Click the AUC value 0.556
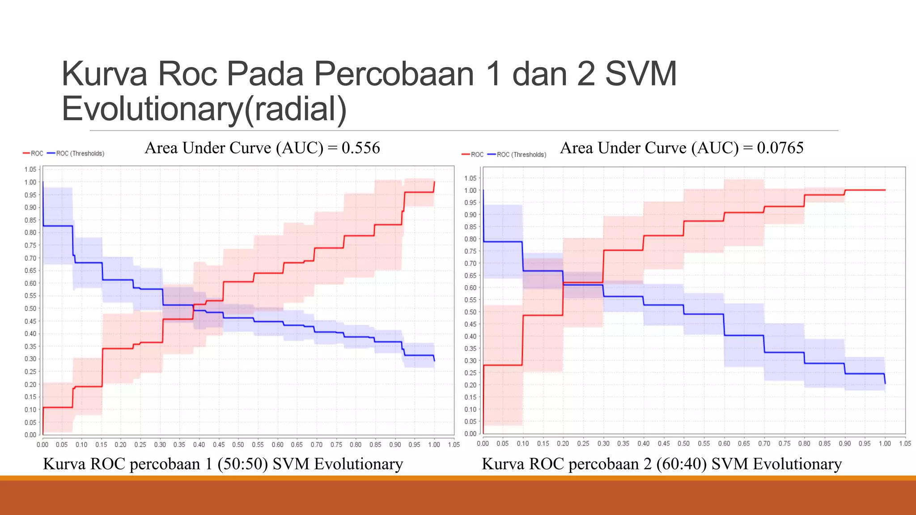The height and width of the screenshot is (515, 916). tap(360, 148)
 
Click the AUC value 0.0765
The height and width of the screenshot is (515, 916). tap(780, 148)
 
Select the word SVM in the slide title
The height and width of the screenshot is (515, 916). tap(640, 74)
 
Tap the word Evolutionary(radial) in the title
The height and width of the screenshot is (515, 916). tap(204, 109)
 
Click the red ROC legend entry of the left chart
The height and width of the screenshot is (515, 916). tap(33, 153)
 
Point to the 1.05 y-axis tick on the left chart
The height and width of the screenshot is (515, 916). tap(30, 169)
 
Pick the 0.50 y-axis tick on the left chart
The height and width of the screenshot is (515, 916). tap(30, 308)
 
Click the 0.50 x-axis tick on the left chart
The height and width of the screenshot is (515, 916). tap(238, 444)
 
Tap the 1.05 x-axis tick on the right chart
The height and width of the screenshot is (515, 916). tap(905, 443)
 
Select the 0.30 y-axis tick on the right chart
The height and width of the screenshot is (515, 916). tap(470, 361)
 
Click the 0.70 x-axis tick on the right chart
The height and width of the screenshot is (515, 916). tap(764, 443)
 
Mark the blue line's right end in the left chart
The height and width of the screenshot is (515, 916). tap(434, 360)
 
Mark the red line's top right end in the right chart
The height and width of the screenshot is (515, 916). tap(885, 190)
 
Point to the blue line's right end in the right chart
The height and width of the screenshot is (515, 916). tap(885, 383)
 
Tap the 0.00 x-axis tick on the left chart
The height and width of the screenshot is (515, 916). tap(42, 444)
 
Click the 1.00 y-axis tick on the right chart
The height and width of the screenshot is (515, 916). tap(470, 190)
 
